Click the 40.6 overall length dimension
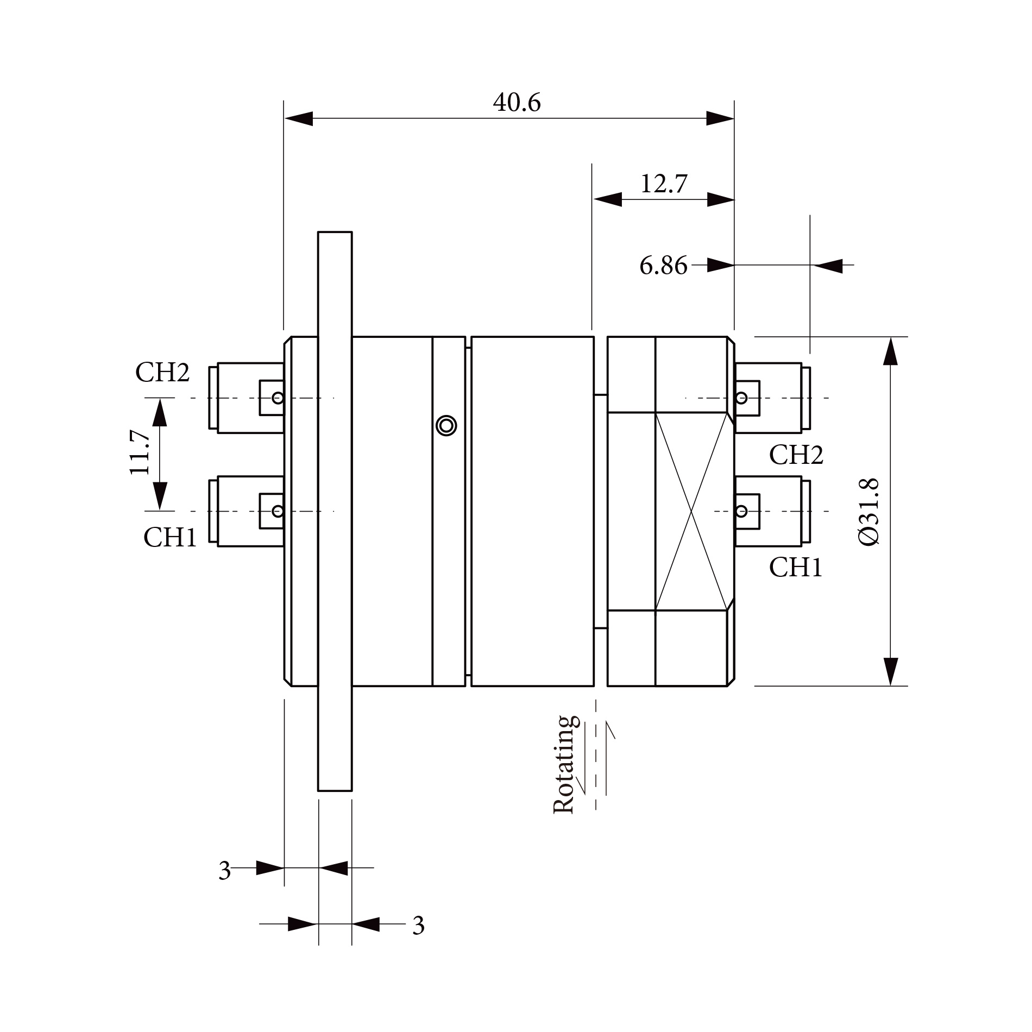coord(517,103)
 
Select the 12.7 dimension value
coord(664,184)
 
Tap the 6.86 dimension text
coord(663,266)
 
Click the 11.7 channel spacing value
coord(140,452)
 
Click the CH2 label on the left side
coord(162,373)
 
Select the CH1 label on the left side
coord(170,537)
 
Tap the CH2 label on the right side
coord(796,455)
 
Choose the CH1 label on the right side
coord(796,568)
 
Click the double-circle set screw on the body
coord(446,425)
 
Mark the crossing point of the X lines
coord(691,511)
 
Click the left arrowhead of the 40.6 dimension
coord(298,118)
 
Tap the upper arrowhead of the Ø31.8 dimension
coord(890,351)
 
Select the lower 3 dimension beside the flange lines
coord(418,926)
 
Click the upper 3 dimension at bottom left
coord(224,871)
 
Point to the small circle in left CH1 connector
coord(278,511)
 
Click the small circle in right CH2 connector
coord(741,398)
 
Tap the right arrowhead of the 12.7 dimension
coord(721,199)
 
